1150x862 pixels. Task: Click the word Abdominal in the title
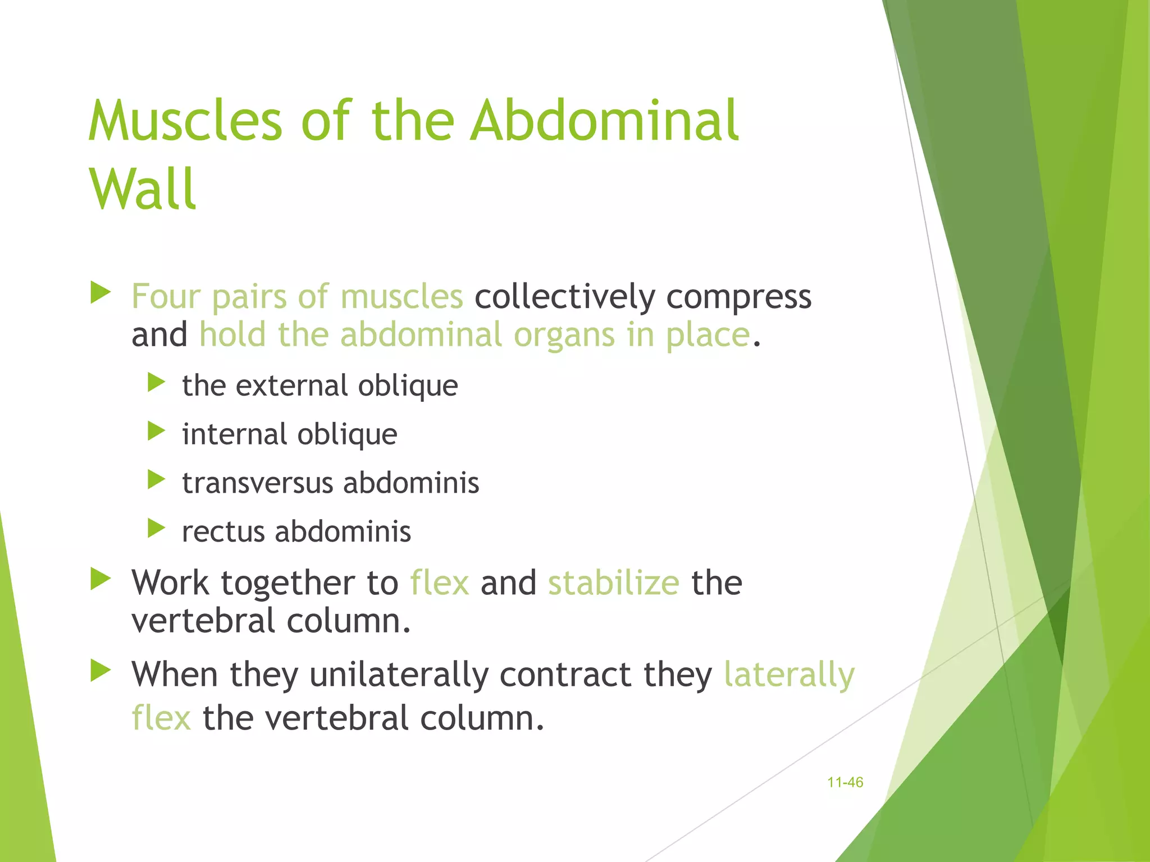604,121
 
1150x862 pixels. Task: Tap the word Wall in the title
143,190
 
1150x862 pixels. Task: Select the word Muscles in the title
185,121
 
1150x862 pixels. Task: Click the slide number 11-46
845,782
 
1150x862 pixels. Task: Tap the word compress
738,297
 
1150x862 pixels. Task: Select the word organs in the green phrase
564,336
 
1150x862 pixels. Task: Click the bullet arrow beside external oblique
156,383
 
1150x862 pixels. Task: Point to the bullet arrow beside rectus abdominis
156,528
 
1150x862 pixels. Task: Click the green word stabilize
613,583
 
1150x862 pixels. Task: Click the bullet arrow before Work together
101,579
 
